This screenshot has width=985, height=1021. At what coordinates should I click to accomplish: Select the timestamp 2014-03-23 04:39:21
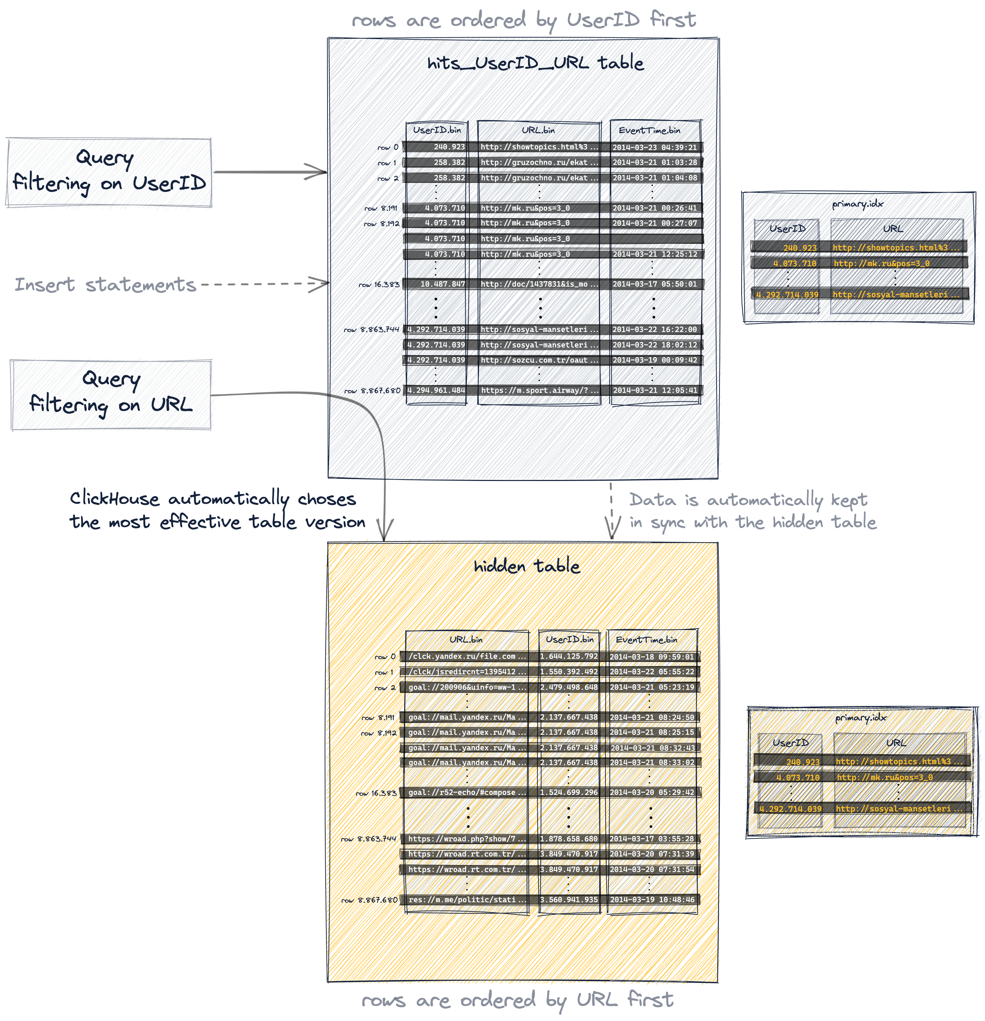(654, 148)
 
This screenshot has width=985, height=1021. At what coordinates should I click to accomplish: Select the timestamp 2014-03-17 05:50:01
(654, 284)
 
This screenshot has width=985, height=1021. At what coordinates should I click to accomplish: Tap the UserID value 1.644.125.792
(569, 656)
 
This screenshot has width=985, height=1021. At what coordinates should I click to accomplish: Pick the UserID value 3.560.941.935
(569, 900)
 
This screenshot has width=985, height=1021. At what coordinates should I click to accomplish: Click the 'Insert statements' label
(105, 285)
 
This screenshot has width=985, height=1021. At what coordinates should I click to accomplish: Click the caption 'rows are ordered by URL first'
(518, 1001)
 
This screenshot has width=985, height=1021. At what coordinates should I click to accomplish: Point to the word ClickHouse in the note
(115, 499)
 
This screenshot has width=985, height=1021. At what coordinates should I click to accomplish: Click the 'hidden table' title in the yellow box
(527, 566)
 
